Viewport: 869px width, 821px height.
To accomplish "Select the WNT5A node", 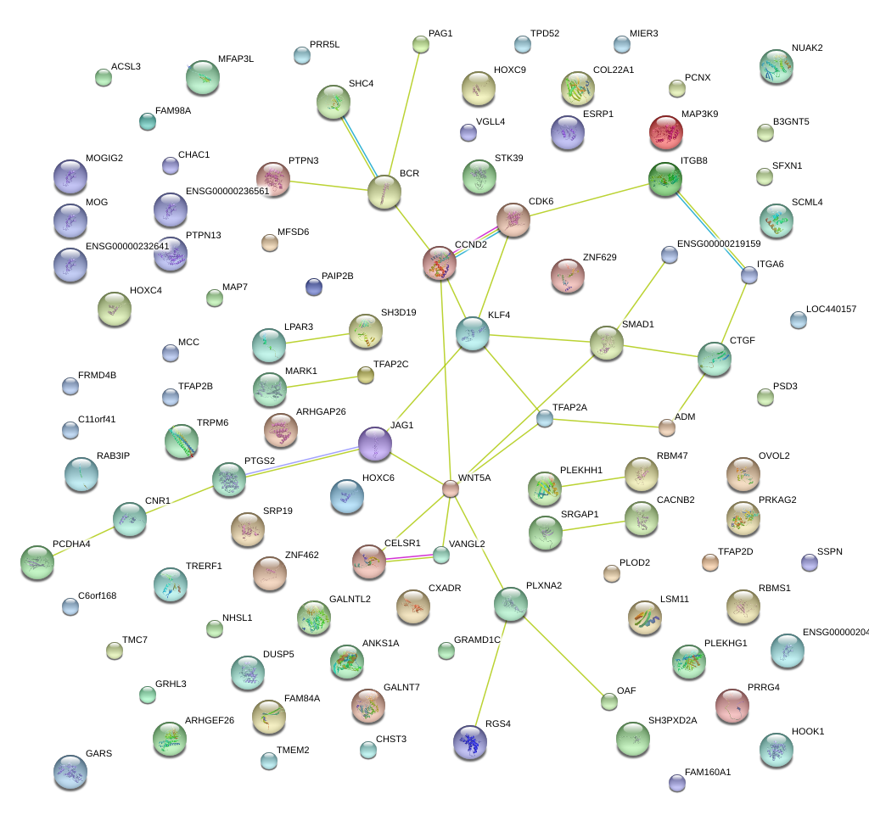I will pyautogui.click(x=451, y=489).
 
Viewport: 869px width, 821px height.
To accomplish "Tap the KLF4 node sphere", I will pyautogui.click(x=473, y=333).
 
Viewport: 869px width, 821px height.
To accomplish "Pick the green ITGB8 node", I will pyautogui.click(x=665, y=179).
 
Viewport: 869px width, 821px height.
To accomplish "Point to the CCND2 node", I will pyautogui.click(x=440, y=263).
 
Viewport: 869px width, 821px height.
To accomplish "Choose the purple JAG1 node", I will pyautogui.click(x=374, y=444).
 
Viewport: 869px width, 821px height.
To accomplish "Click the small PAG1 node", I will pyautogui.click(x=421, y=44).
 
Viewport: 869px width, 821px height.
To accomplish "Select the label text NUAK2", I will pyautogui.click(x=807, y=47).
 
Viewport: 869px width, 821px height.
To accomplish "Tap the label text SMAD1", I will pyautogui.click(x=637, y=324).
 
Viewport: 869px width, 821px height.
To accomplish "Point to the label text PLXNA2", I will pyautogui.click(x=543, y=585).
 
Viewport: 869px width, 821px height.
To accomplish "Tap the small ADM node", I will pyautogui.click(x=667, y=427).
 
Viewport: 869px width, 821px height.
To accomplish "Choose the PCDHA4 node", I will pyautogui.click(x=36, y=562).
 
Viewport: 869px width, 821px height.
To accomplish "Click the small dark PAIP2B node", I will pyautogui.click(x=314, y=287).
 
